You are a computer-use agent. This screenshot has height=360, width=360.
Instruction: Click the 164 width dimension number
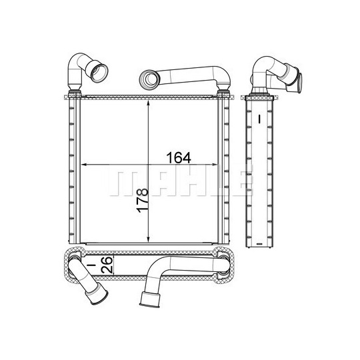(x=179, y=158)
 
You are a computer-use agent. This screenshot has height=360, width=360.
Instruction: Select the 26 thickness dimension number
(x=107, y=265)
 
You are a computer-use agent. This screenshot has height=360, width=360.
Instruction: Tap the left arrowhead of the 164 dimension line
(x=84, y=165)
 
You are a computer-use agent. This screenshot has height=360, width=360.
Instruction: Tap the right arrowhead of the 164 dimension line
(x=215, y=165)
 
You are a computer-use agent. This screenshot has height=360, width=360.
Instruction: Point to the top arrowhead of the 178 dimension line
(x=149, y=103)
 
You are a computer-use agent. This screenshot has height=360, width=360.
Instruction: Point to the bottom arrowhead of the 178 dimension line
(x=149, y=240)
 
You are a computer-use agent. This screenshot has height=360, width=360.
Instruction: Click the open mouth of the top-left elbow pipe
(x=99, y=73)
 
